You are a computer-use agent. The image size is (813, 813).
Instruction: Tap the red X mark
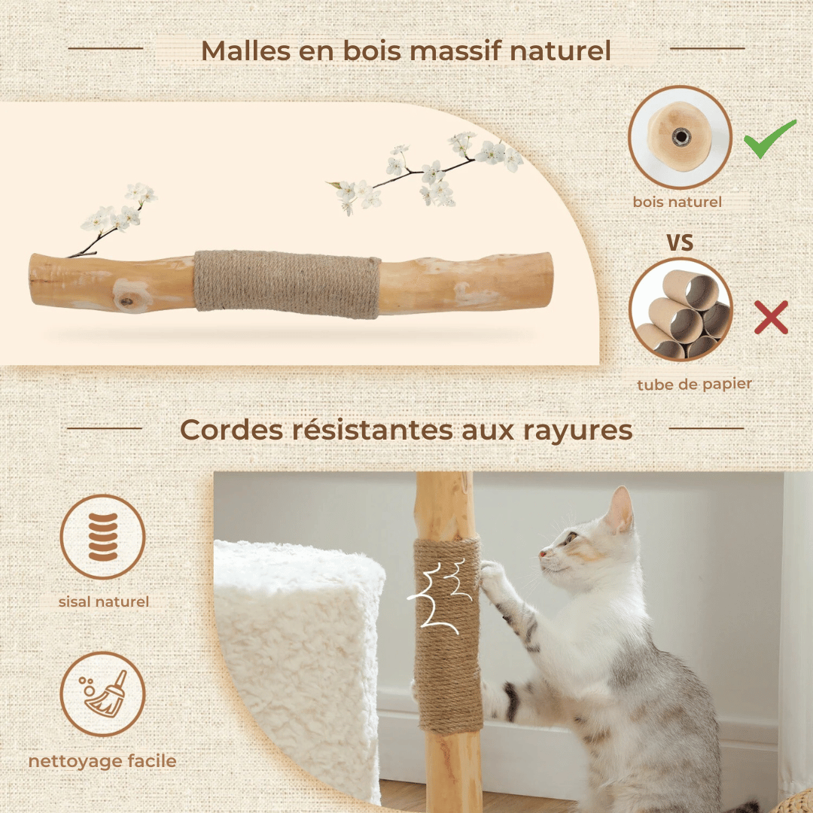coord(771,317)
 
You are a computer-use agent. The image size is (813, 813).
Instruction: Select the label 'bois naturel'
coord(677,202)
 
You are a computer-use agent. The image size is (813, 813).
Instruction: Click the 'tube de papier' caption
coord(694,384)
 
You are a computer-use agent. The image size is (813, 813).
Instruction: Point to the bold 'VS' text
coord(680,242)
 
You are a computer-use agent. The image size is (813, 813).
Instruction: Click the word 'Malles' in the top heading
coord(246,51)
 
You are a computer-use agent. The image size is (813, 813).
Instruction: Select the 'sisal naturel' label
coord(104,601)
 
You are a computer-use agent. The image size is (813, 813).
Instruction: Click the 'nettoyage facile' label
coord(102,761)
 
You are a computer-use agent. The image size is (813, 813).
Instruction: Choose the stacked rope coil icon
coord(102,537)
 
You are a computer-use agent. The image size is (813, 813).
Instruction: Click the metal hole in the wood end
coord(681,138)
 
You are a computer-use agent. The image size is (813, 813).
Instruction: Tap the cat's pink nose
coord(542,553)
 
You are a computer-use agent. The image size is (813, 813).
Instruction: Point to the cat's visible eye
coord(571,538)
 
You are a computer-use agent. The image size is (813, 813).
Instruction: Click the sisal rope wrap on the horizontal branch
coord(287,284)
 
